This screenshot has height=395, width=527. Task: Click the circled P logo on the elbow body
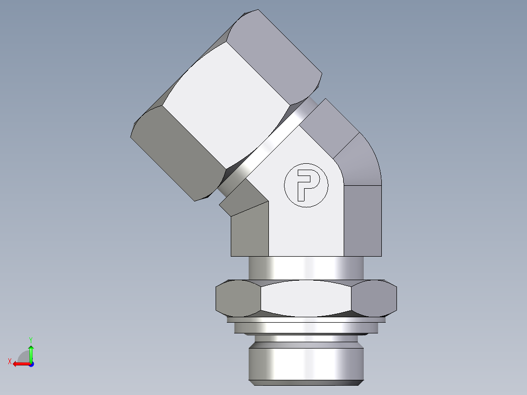[x=307, y=185]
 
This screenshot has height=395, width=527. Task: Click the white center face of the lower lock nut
[x=306, y=298]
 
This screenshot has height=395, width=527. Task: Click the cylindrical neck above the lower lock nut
[x=306, y=268]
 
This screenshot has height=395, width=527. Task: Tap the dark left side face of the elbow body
[x=249, y=232]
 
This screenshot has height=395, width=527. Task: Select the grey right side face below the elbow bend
[x=362, y=220]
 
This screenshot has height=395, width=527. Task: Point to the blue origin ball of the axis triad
[x=31, y=364]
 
